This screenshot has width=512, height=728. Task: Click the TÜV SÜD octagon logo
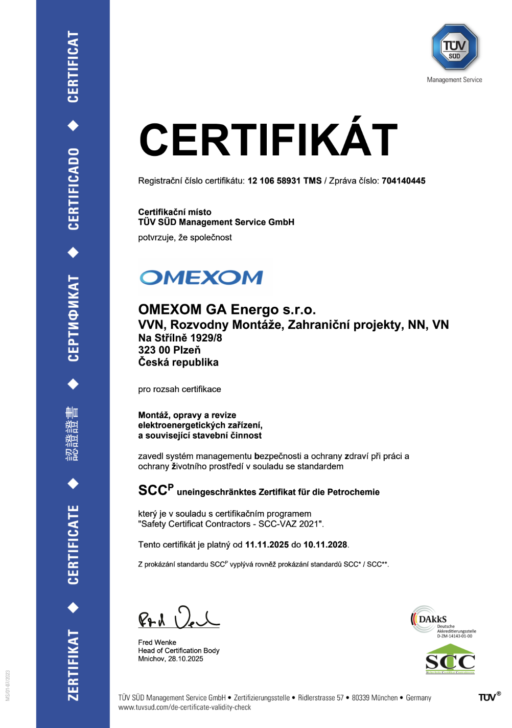454,48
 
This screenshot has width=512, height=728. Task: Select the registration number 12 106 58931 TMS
284,181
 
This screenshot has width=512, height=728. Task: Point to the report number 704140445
403,181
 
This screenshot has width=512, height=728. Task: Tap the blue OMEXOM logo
201,278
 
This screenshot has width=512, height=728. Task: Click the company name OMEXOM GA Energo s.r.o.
227,309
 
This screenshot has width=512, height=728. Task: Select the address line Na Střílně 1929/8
180,338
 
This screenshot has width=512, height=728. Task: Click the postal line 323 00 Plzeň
169,350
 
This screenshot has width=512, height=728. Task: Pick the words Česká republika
178,362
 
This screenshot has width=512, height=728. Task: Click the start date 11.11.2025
267,545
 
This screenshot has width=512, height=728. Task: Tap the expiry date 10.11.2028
325,545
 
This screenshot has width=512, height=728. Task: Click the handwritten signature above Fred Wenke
178,618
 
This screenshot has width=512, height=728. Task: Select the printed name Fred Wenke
157,643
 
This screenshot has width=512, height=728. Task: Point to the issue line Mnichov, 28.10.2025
171,659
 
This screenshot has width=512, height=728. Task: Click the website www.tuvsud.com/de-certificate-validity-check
184,708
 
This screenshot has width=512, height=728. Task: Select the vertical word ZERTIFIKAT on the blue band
74,665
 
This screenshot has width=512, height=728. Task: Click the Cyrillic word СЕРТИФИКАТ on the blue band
74,318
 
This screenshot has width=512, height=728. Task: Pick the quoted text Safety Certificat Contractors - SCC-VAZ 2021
231,524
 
